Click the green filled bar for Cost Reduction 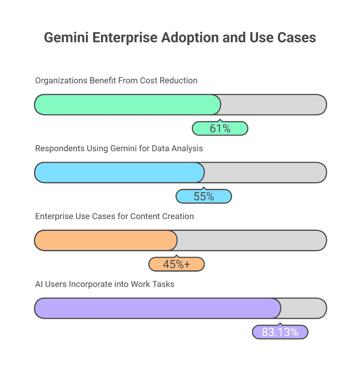coord(127,105)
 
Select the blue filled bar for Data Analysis coord(119,173)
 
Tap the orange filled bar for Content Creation coord(106,240)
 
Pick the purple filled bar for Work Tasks coord(157,308)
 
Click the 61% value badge coord(220,128)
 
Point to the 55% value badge coord(204,196)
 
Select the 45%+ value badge coord(176,264)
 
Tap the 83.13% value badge coord(280,332)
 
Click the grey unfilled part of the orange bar coord(251,240)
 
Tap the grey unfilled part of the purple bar coord(303,308)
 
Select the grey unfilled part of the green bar coord(273,105)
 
